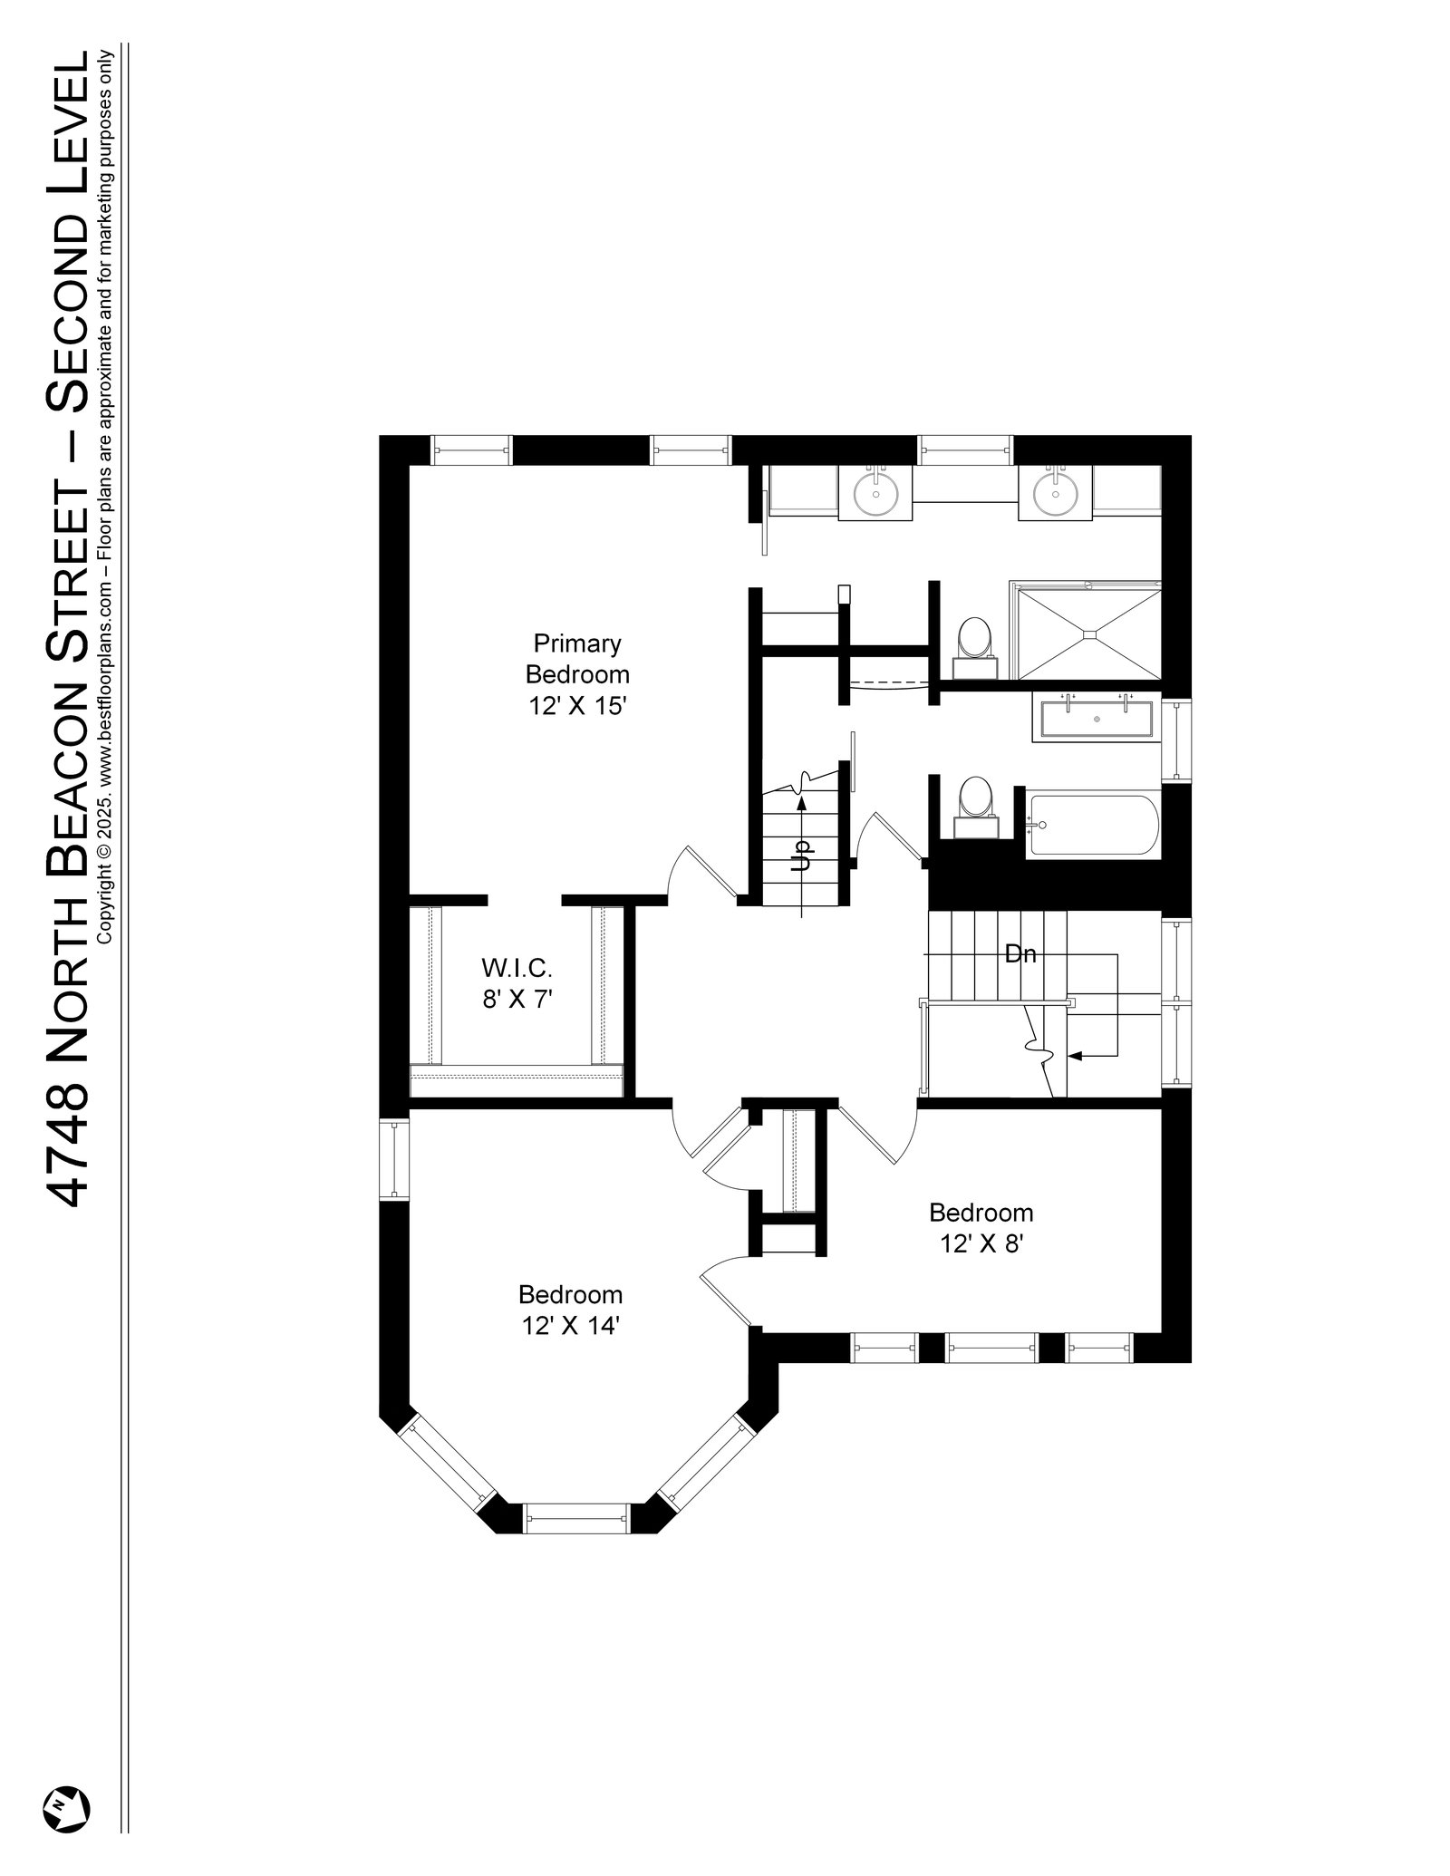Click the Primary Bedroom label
[x=577, y=674]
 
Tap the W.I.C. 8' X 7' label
[x=516, y=983]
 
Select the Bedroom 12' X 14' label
[x=570, y=1310]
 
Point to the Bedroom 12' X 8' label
[x=981, y=1228]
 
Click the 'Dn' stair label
[x=1020, y=953]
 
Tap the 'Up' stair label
[x=801, y=856]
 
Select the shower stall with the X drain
[x=1086, y=632]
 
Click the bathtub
[x=1092, y=825]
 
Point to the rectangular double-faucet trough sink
[x=1096, y=719]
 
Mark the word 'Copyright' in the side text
[x=103, y=892]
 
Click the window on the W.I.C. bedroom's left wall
[x=394, y=1159]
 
